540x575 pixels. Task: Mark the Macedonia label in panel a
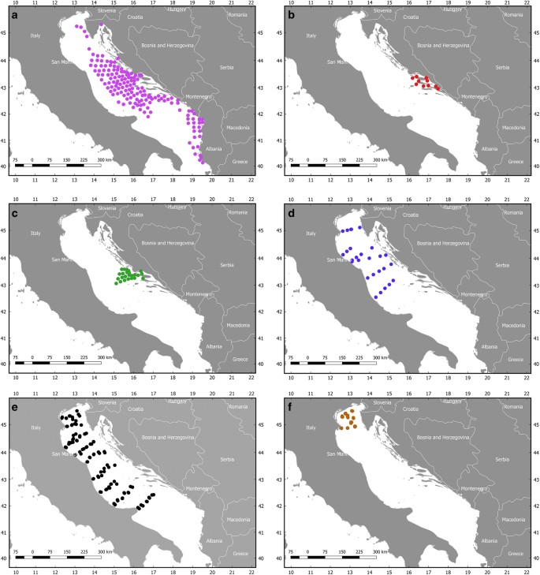click(236, 128)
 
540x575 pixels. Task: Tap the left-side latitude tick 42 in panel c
click(6, 311)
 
